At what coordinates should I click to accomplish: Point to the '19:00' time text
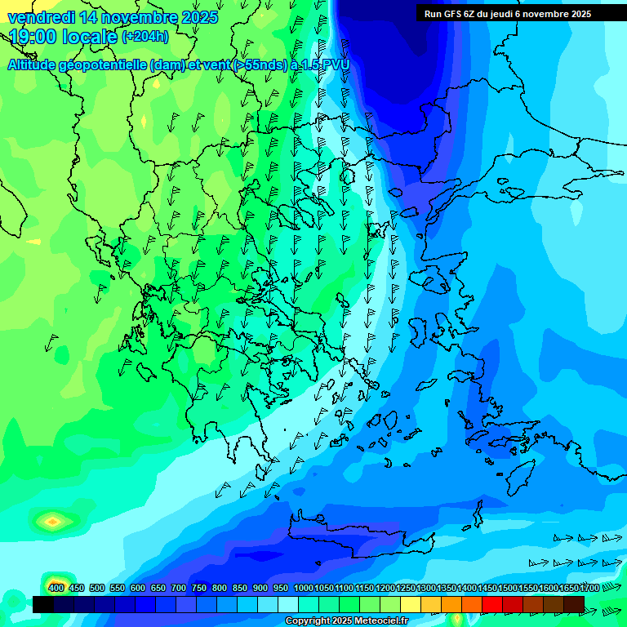coord(32,37)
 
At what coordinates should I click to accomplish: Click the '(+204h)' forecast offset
coord(145,37)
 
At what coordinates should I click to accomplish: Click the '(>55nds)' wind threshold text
coord(258,65)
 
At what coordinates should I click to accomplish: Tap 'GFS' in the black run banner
coord(451,14)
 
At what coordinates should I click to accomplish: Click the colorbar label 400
coord(56,588)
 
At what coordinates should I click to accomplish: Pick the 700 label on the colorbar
coord(178,588)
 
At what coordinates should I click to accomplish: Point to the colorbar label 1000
coord(304,588)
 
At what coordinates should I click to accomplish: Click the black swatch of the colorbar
coord(43,604)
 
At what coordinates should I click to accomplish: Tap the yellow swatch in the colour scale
coord(431,604)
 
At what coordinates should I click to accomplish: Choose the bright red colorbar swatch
coord(492,604)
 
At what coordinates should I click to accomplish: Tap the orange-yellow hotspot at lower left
coord(53,520)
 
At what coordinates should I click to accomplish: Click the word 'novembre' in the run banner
coord(545,14)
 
